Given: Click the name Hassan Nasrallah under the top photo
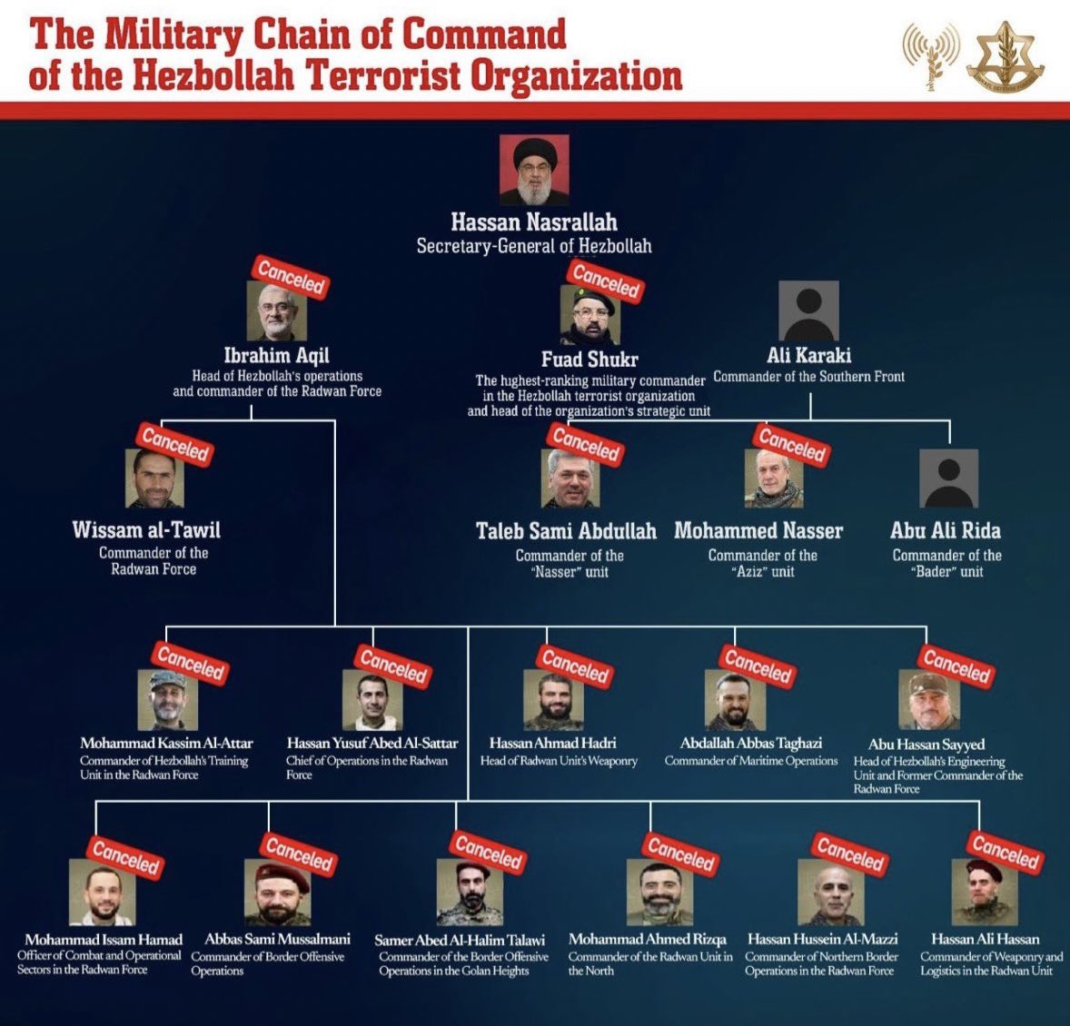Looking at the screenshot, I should (533, 222).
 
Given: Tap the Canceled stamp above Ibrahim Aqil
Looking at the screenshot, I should (291, 277).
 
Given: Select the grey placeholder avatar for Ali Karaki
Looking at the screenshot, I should (808, 311).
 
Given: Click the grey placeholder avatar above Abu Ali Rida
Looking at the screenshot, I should (948, 478).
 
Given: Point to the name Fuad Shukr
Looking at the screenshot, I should (589, 360).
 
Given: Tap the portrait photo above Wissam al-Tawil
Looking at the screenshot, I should (154, 478).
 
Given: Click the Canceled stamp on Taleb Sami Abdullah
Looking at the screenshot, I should (587, 444).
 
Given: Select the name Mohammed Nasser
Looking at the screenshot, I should (758, 531).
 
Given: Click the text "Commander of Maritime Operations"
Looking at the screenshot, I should (751, 761).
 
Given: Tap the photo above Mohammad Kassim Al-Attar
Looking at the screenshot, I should (168, 700).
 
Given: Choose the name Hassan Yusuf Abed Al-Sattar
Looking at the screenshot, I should (372, 743).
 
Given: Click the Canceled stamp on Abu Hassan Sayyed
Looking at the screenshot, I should (956, 667).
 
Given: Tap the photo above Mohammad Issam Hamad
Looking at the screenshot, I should (103, 892).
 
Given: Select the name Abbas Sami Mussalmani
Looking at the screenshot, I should (277, 940).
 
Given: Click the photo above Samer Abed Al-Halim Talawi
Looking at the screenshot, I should (470, 892).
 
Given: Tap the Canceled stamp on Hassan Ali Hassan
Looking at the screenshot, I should (1005, 853).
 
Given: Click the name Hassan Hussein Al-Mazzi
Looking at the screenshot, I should (822, 939).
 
